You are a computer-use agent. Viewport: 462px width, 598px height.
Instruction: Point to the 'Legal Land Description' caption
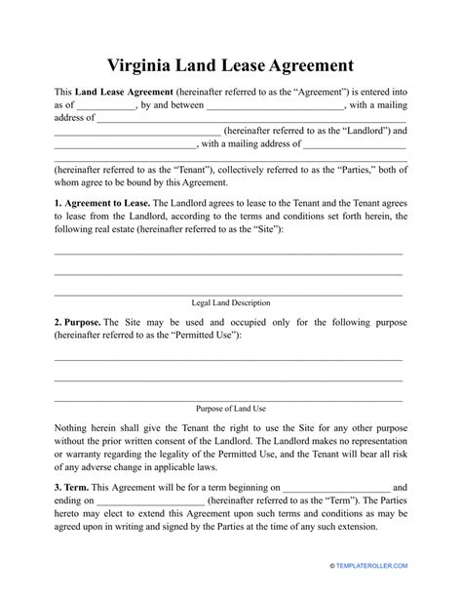(228, 303)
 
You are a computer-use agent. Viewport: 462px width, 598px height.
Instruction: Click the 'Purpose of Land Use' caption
(228, 409)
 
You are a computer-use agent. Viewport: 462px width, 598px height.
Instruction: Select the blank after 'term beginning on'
(337, 485)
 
